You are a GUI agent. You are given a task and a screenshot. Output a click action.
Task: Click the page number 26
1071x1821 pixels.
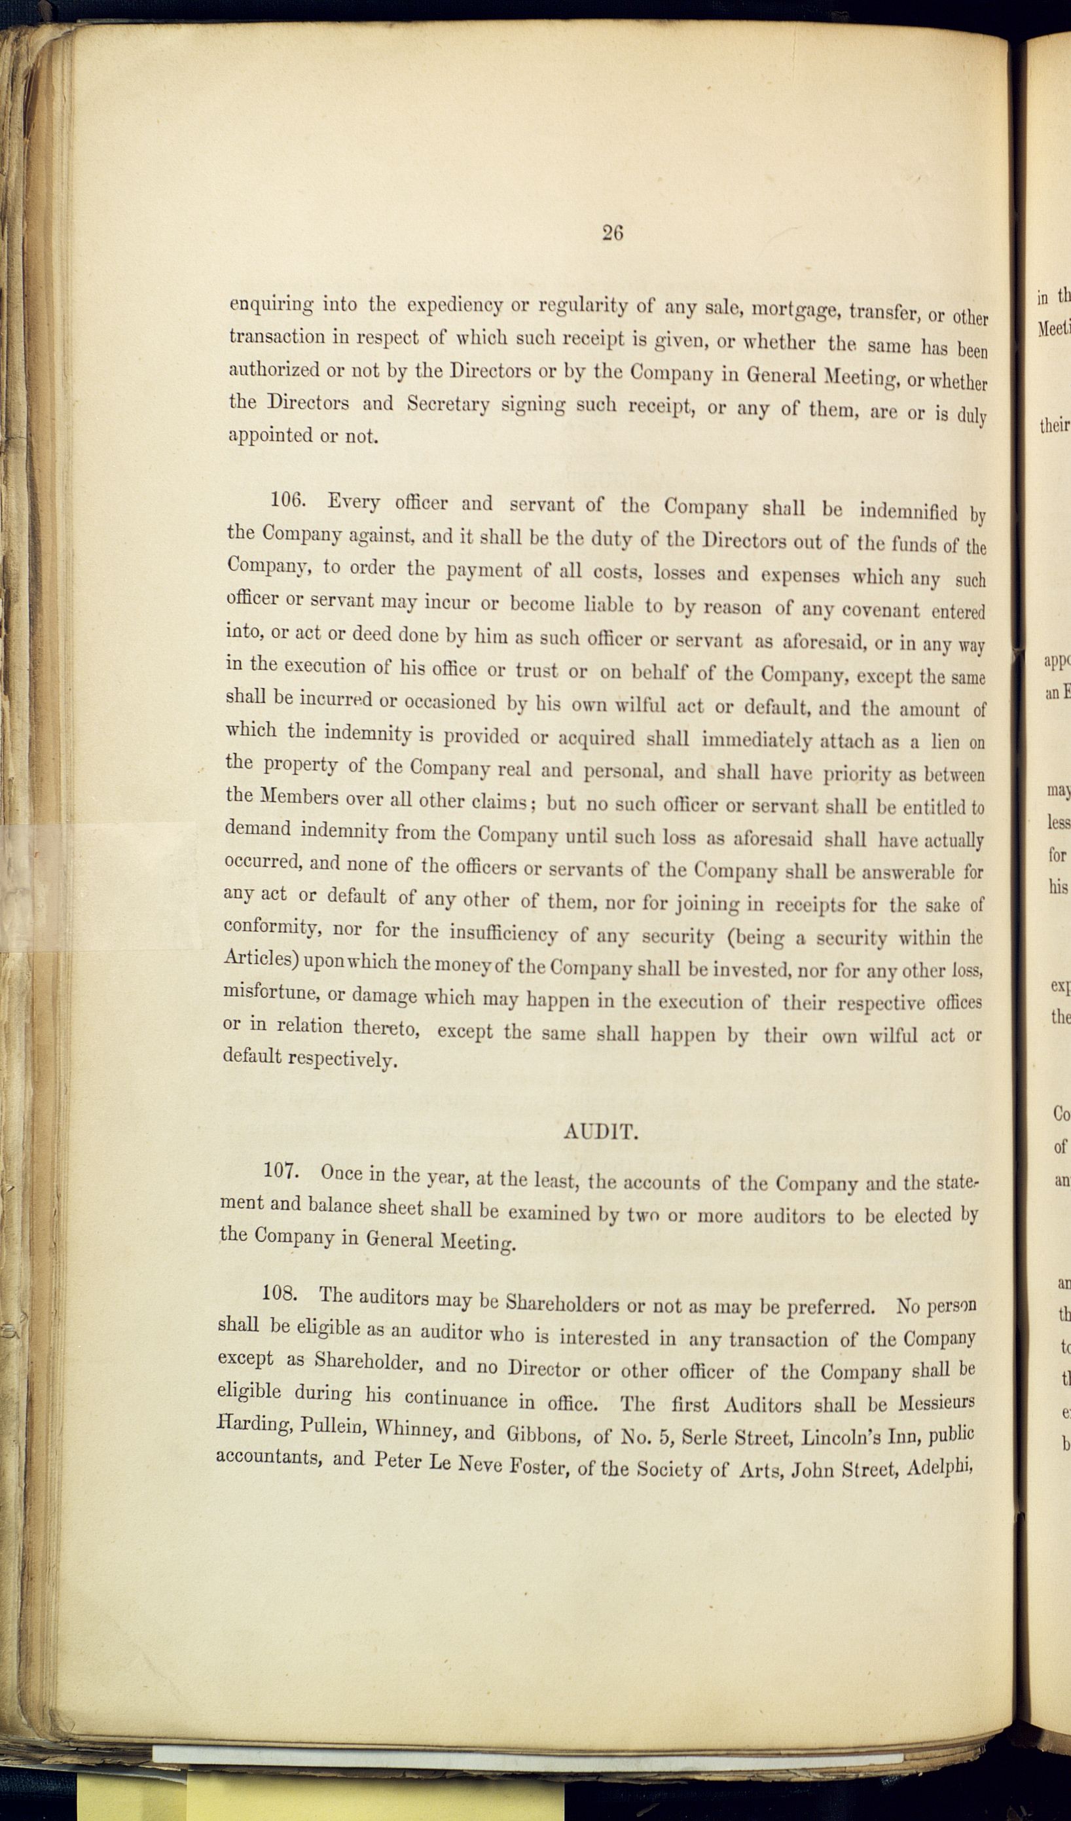(612, 232)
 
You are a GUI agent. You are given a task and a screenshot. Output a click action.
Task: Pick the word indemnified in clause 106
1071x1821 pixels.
(909, 512)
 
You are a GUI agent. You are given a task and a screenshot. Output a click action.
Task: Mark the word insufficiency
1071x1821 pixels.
(503, 933)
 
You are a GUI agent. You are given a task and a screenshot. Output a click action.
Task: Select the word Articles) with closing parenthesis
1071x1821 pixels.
(261, 960)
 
